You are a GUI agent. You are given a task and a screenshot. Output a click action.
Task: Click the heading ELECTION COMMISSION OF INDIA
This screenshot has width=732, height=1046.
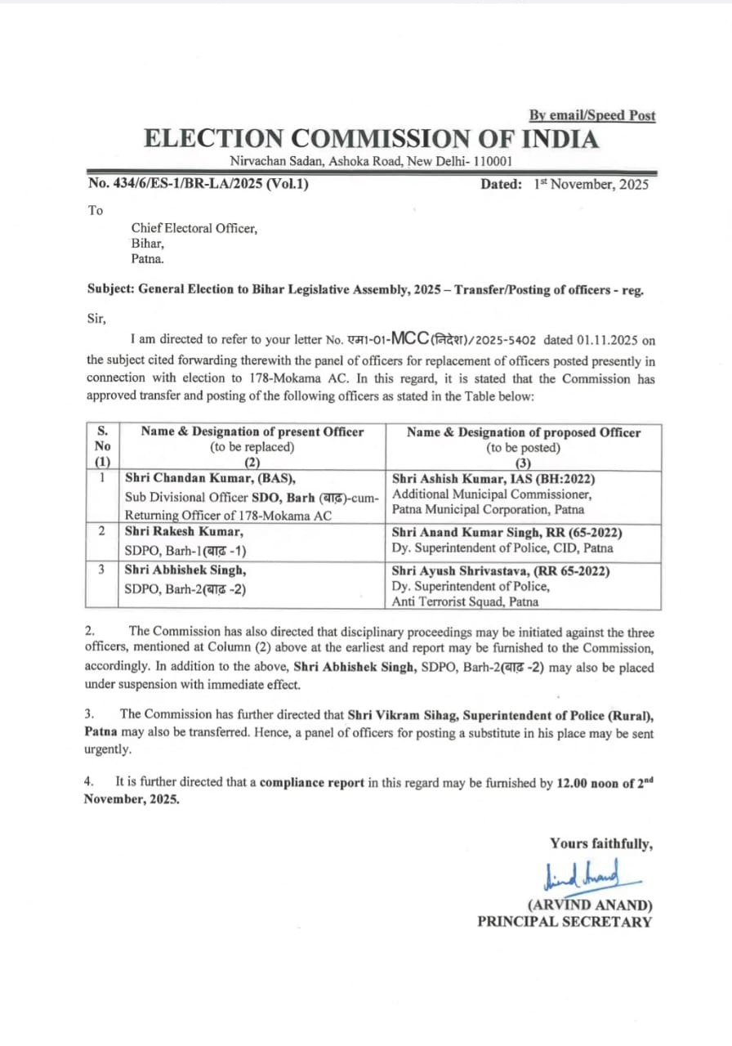click(371, 138)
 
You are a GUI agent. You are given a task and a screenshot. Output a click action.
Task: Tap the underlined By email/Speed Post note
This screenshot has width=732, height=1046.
click(591, 115)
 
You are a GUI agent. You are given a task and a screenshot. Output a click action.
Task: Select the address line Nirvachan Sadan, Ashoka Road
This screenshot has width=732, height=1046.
click(371, 162)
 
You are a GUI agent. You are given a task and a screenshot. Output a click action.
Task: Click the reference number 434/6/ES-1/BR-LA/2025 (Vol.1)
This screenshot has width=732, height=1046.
click(199, 184)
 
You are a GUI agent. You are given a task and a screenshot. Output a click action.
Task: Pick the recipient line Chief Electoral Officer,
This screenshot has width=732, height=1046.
click(194, 229)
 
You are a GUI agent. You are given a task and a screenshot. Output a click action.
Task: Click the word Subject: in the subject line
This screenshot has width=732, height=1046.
click(111, 288)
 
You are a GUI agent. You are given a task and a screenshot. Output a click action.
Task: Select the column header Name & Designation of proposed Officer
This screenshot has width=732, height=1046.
click(524, 432)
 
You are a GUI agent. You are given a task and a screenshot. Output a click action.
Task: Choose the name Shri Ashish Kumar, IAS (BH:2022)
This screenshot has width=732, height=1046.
click(493, 479)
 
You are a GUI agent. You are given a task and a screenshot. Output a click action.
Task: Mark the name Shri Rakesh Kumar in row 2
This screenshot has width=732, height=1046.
click(183, 532)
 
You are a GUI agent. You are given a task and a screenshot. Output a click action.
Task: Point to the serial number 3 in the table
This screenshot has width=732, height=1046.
click(102, 570)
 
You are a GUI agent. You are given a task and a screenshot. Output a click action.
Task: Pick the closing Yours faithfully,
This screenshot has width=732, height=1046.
click(600, 843)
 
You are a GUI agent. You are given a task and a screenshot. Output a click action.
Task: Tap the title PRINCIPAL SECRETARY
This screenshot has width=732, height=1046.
click(565, 922)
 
